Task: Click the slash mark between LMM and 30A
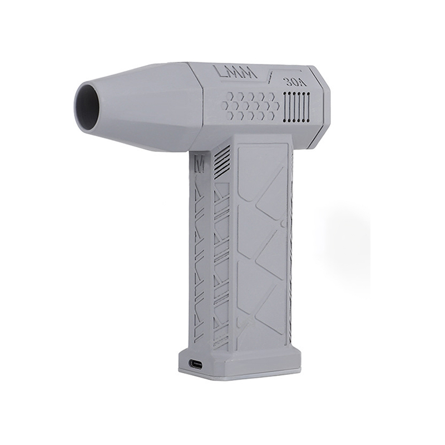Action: [271, 77]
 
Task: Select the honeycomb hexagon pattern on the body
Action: [251, 105]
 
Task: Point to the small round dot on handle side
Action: [283, 224]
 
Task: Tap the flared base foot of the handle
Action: [239, 364]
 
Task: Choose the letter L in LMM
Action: [220, 73]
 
